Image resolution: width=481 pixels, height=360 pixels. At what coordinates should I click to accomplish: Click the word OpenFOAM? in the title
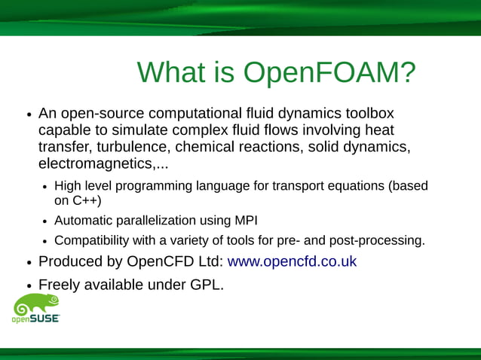(x=329, y=73)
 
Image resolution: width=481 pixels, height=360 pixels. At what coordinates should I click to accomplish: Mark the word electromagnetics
(x=95, y=163)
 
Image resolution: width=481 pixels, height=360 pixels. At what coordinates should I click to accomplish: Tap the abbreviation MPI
(x=253, y=221)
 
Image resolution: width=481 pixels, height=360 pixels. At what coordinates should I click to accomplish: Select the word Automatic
(x=83, y=221)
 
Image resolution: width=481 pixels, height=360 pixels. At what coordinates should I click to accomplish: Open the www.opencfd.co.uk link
(x=292, y=262)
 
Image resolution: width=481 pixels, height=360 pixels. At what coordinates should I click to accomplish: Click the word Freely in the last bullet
(x=62, y=285)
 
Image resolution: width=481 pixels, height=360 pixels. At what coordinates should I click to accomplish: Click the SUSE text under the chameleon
(x=44, y=319)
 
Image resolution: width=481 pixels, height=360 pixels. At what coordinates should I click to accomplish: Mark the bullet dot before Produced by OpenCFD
(x=29, y=264)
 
